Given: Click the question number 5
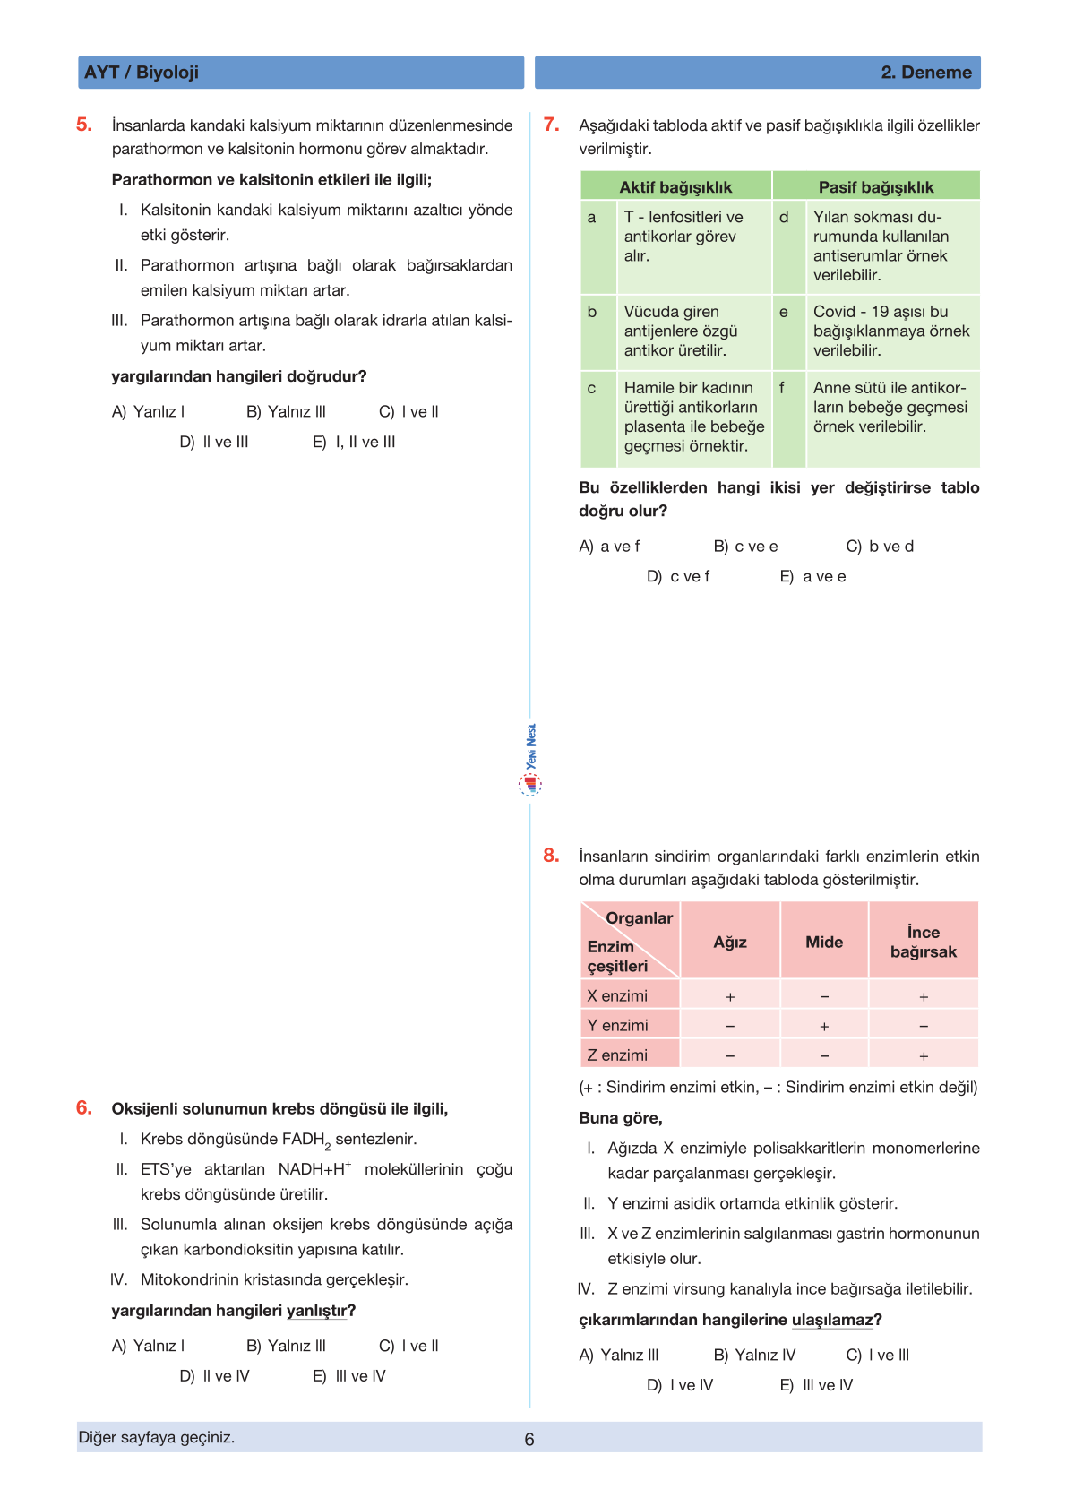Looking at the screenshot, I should [x=84, y=125].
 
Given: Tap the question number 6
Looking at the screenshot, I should [x=84, y=1107].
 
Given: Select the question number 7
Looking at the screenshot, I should [x=551, y=125].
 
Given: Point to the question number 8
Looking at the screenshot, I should [x=551, y=855].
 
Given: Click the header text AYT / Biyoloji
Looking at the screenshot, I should [x=142, y=73].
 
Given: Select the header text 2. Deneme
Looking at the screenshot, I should [x=925, y=73].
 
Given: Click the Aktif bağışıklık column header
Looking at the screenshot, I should [x=675, y=186].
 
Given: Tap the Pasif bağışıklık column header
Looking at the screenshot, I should [x=875, y=186].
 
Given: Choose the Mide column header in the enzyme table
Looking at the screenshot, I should [x=823, y=942].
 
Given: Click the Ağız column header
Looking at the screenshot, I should [x=729, y=942].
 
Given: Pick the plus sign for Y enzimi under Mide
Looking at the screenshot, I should [x=823, y=1026].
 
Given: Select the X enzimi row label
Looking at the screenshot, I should [x=617, y=995].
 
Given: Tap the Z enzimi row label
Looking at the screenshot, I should [x=617, y=1055].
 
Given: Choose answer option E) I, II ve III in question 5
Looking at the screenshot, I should [x=354, y=442].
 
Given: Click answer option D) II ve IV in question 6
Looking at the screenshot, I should [x=215, y=1375].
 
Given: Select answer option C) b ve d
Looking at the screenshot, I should [x=880, y=546].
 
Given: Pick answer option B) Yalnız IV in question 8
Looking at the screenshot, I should [x=754, y=1355].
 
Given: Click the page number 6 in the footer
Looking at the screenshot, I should [x=529, y=1439].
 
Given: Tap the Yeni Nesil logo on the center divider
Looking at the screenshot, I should [x=530, y=762].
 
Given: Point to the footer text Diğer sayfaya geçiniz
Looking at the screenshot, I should [x=157, y=1437].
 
